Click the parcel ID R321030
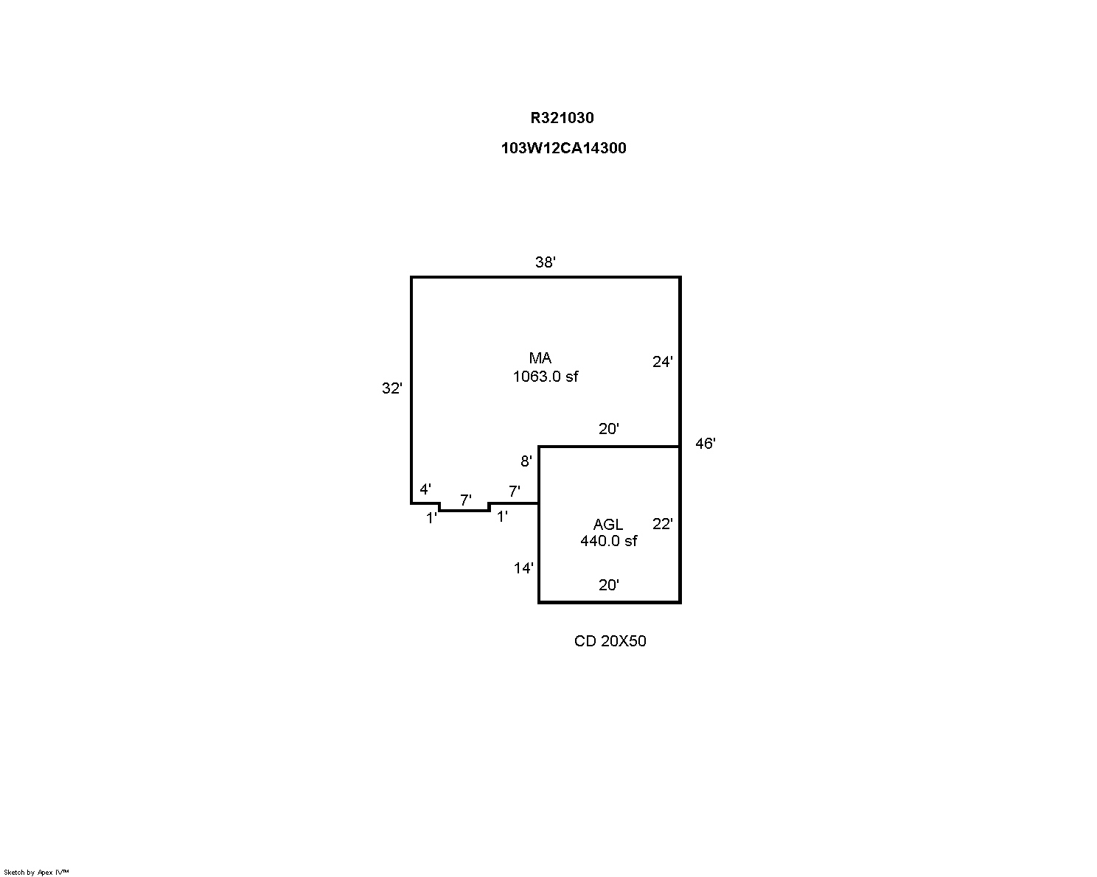[562, 118]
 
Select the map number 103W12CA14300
[563, 148]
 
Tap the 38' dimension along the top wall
[545, 262]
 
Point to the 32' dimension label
[392, 388]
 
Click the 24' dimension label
[662, 362]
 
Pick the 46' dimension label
[706, 444]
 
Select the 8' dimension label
[526, 461]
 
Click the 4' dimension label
[425, 489]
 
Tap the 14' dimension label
[523, 568]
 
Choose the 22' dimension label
[662, 524]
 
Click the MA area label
[540, 357]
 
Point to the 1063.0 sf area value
[545, 377]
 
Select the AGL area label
[607, 525]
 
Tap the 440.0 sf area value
[609, 541]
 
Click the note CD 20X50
[610, 641]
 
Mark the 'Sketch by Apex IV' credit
[36, 873]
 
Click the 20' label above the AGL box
[609, 429]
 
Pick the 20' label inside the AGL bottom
[609, 585]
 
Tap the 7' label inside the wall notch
[465, 500]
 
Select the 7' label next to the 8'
[515, 492]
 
